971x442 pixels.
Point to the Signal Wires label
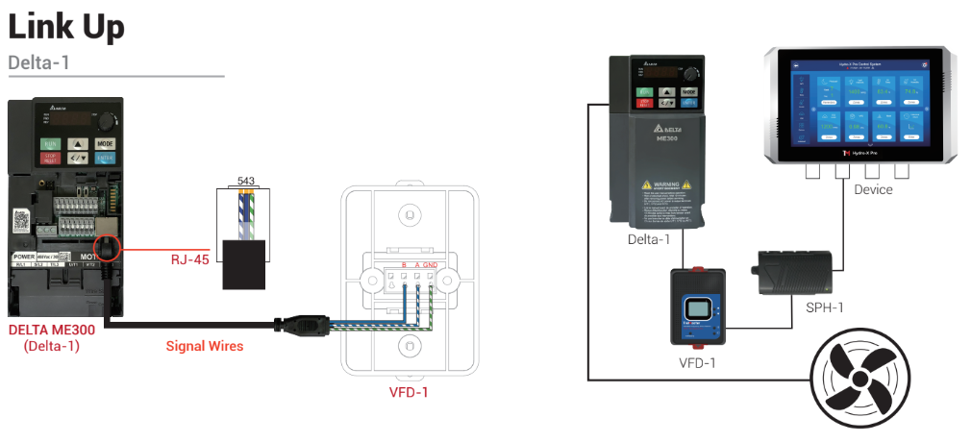(x=204, y=345)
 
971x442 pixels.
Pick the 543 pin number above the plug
(x=246, y=182)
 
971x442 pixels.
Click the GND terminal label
(x=430, y=264)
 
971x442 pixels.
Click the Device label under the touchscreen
(x=873, y=189)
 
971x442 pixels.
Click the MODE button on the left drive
(x=105, y=143)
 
